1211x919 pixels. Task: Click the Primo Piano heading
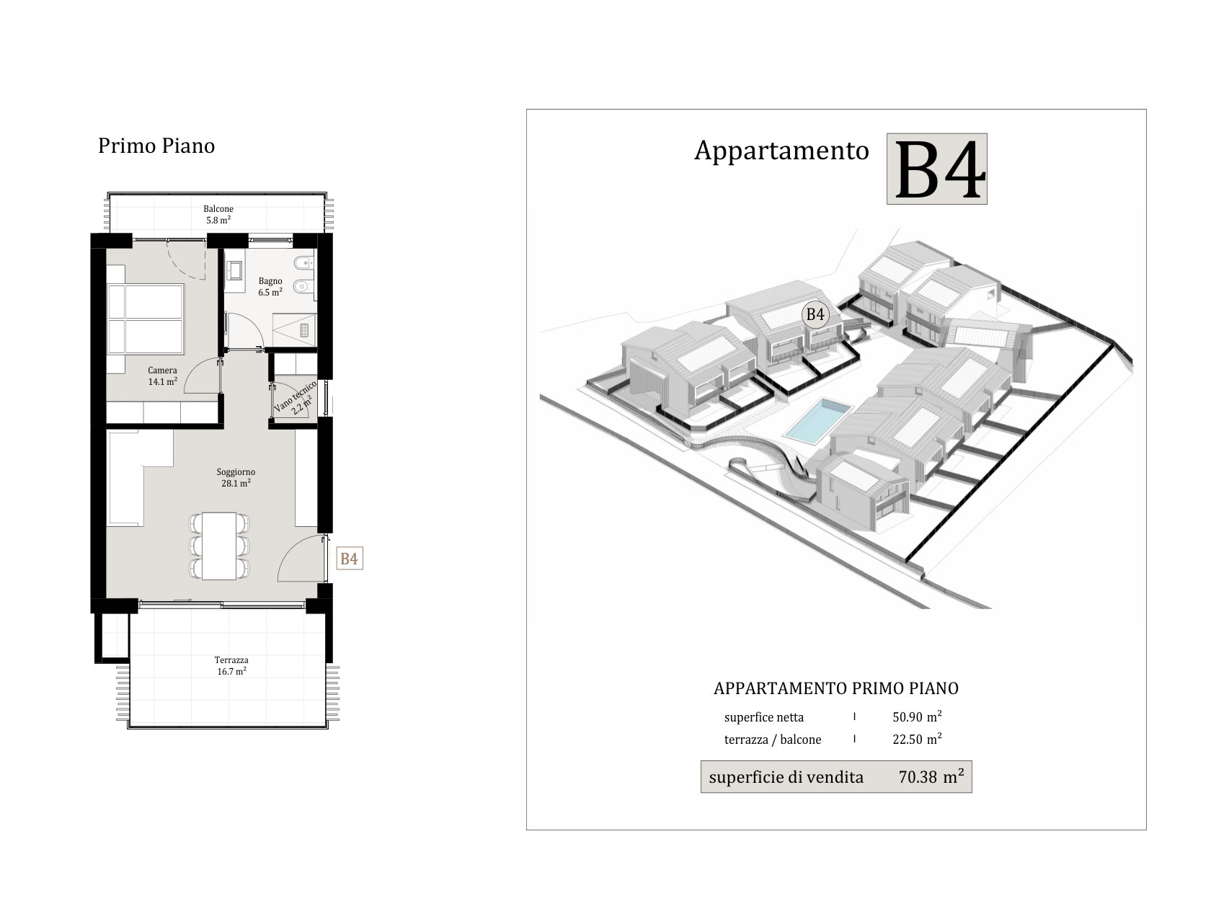(156, 146)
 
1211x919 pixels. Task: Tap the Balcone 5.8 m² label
(218, 215)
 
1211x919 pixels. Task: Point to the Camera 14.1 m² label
(162, 376)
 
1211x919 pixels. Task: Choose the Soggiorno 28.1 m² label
(236, 478)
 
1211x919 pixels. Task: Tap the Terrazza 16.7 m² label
(231, 666)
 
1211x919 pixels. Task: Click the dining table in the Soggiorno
(219, 546)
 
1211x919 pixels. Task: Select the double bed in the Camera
(146, 319)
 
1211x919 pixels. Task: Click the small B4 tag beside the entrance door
(350, 559)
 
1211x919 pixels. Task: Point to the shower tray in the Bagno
(295, 330)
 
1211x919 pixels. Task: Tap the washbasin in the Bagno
(234, 271)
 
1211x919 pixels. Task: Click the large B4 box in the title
(937, 169)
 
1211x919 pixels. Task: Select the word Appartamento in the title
(782, 151)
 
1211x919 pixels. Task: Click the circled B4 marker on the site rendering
(815, 314)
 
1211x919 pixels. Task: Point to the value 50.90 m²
(917, 716)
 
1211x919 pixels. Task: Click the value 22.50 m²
(917, 739)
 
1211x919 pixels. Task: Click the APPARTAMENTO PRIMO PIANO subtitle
(836, 688)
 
